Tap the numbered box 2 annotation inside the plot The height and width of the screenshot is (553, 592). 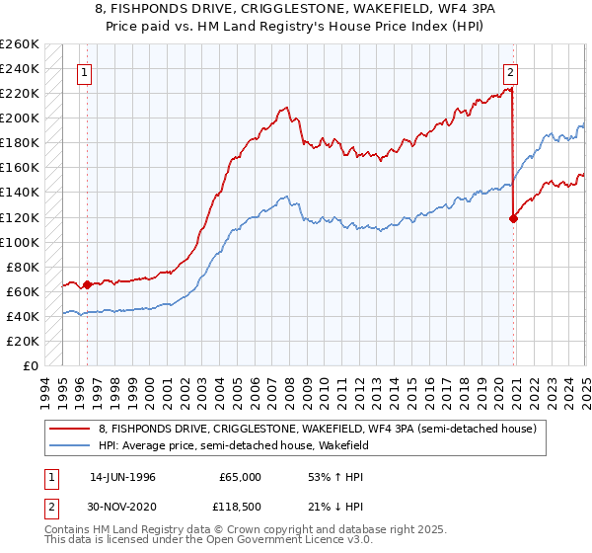(x=510, y=72)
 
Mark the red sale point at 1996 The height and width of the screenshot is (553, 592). (x=87, y=284)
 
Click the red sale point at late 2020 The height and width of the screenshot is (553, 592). (x=513, y=218)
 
